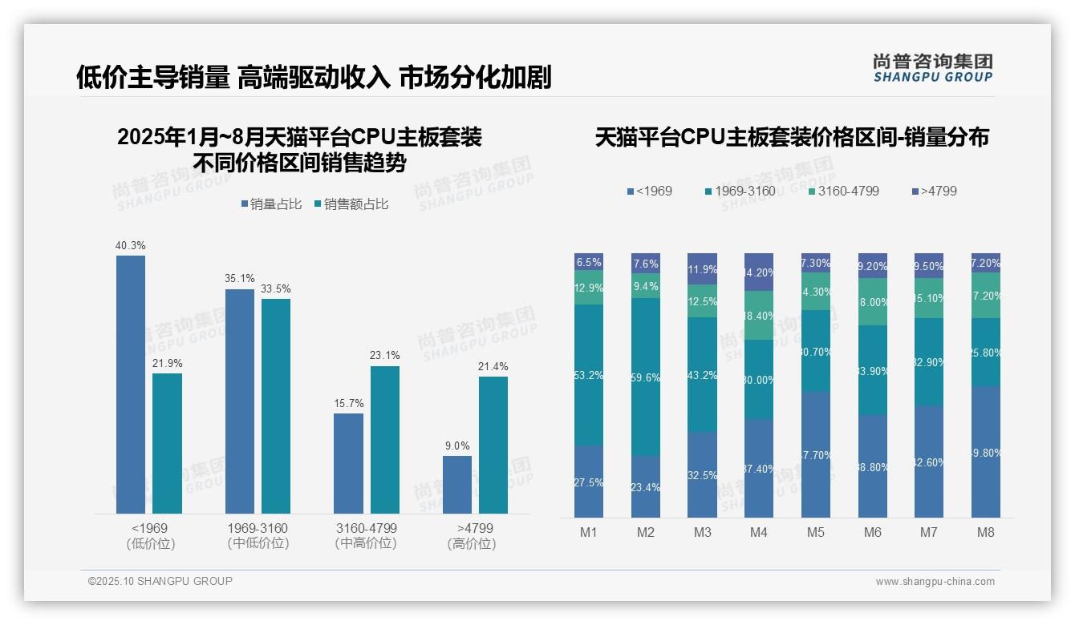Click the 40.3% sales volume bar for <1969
(131, 385)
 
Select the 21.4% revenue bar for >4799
(493, 445)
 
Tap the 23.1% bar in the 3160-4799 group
(384, 439)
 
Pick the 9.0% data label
(456, 446)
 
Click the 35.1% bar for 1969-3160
(240, 401)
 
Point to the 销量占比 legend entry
(270, 204)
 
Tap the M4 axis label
(759, 532)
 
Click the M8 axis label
(986, 532)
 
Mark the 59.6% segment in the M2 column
(646, 377)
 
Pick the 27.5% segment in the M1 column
(589, 482)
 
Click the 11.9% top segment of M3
(702, 269)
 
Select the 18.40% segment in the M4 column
(759, 315)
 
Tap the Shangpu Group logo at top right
(932, 67)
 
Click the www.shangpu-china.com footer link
(935, 582)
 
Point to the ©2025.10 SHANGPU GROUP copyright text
(160, 581)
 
